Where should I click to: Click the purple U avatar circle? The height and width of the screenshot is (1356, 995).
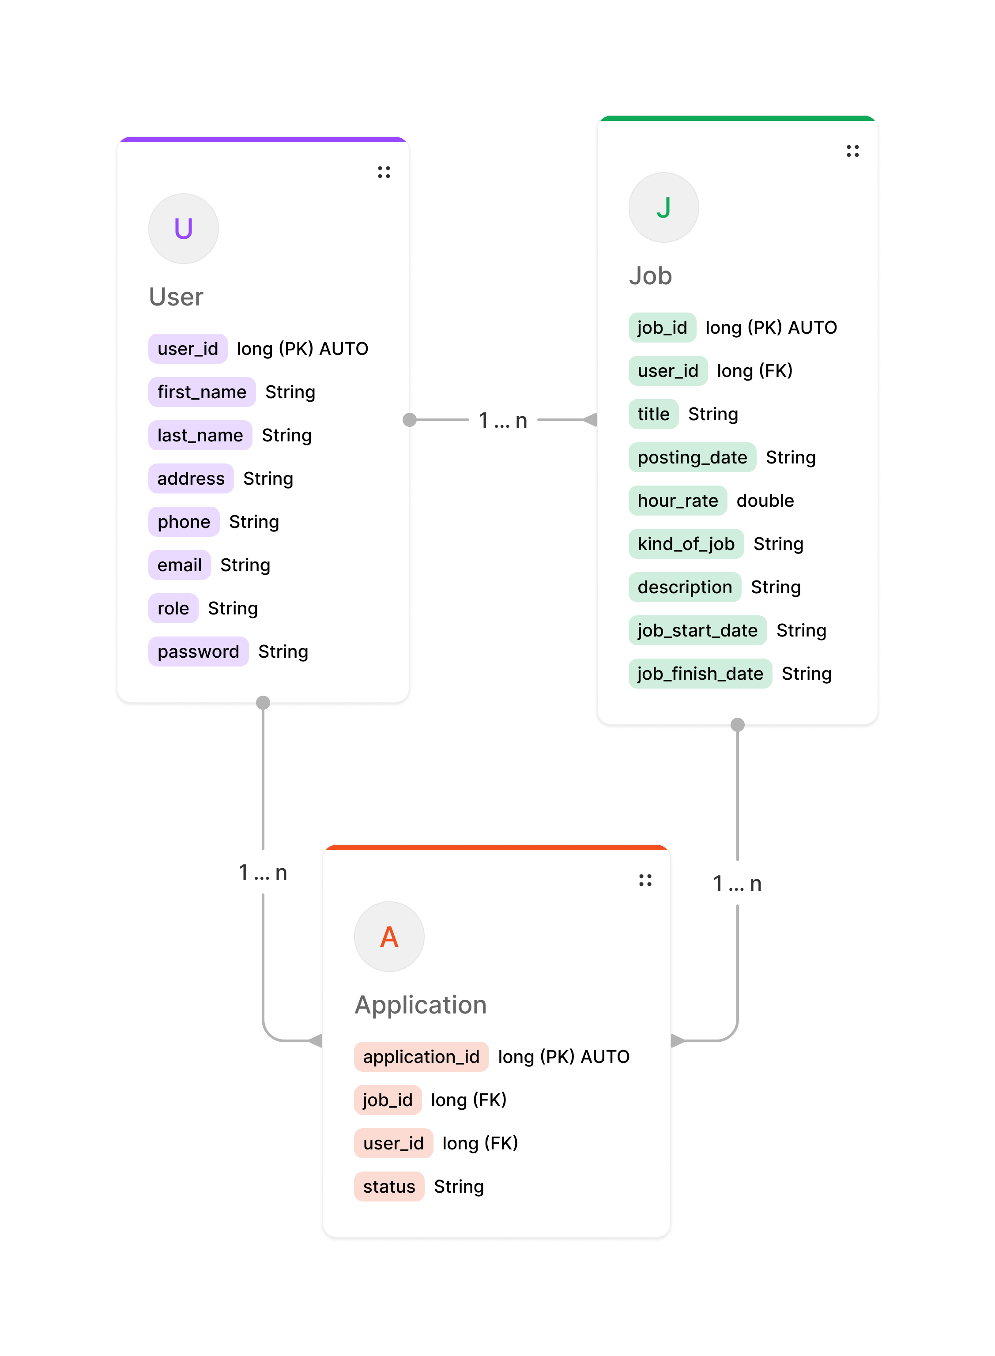183,229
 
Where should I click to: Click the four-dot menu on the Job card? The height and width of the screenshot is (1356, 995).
852,151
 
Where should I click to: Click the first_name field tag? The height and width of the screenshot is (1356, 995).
202,392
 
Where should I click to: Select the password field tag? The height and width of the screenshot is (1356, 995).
198,652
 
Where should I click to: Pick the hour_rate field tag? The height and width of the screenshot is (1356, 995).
678,501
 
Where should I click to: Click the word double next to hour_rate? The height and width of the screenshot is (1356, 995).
765,501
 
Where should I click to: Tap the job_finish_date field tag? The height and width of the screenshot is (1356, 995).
700,673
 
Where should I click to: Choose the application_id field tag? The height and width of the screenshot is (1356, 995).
421,1057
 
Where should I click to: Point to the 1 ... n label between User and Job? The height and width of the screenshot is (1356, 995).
503,420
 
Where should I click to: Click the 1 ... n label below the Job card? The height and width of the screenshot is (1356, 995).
737,883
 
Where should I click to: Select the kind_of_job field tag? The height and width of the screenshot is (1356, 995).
686,544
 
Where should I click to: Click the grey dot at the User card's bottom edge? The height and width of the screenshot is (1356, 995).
263,703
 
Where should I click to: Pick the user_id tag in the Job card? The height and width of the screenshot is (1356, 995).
668,371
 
